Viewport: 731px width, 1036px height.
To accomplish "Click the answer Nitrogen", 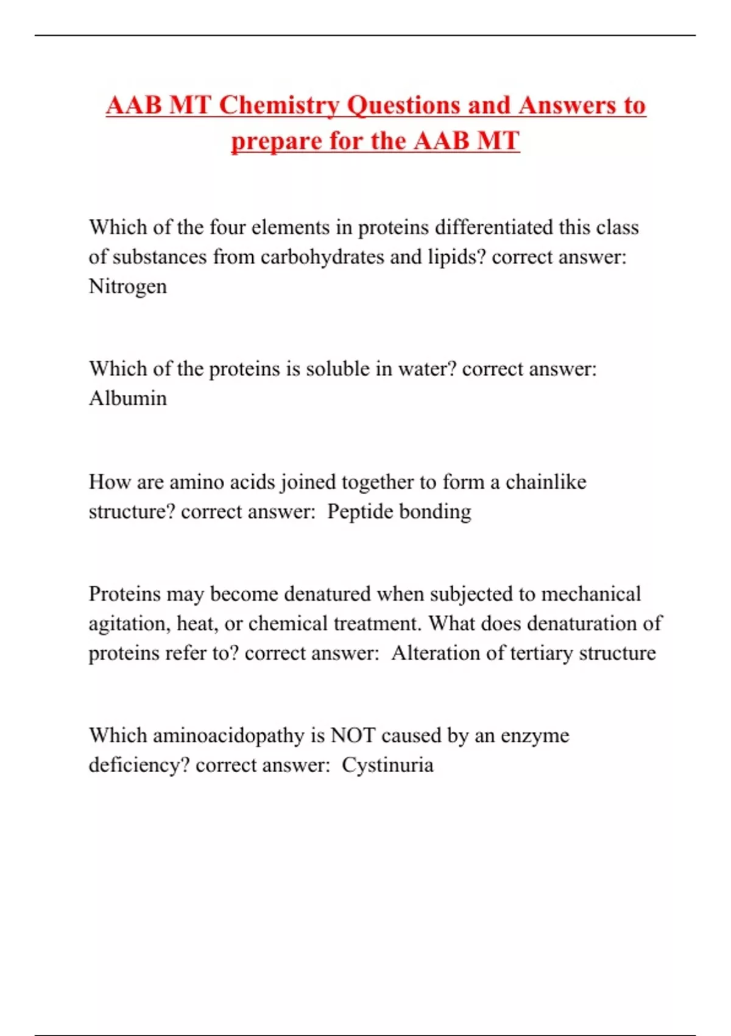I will point(127,286).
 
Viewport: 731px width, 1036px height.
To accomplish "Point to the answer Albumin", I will point(127,399).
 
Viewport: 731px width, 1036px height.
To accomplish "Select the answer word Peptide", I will point(359,512).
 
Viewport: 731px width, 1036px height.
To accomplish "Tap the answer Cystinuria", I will point(387,765).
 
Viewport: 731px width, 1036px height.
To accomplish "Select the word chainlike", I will point(546,482).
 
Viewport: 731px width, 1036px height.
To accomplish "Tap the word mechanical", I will point(590,594).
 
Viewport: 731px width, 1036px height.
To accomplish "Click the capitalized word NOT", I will point(353,736).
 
